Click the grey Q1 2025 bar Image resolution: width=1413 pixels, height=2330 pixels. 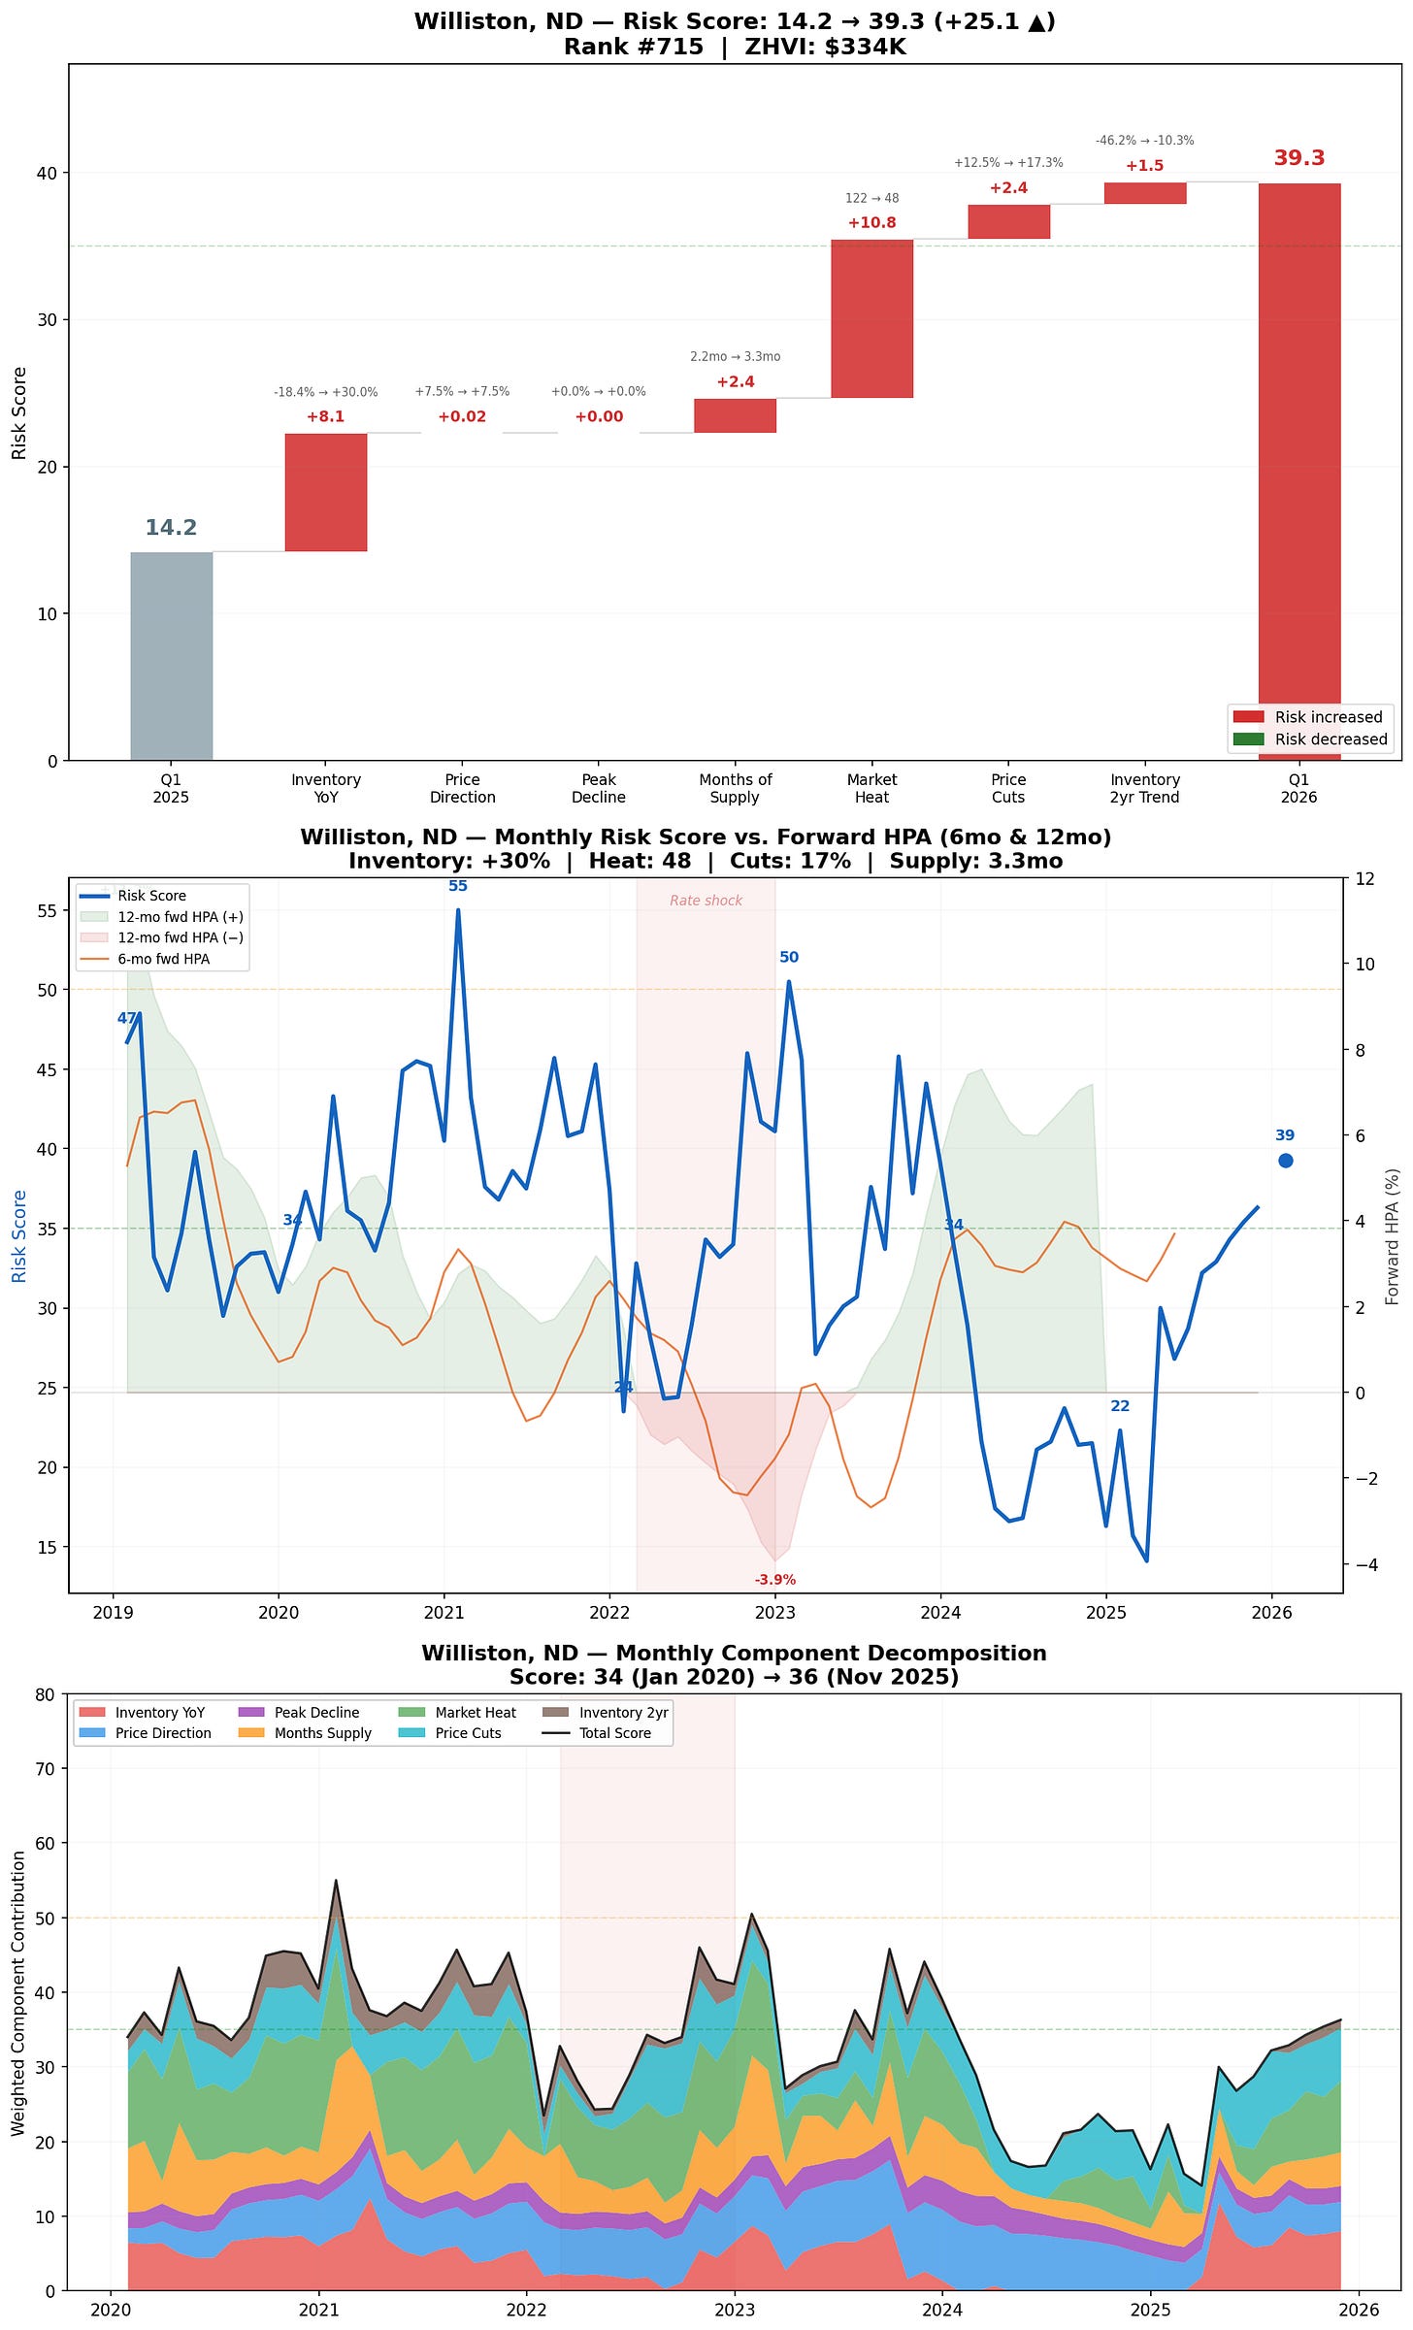coord(171,656)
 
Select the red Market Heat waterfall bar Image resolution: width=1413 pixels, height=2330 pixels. coord(871,318)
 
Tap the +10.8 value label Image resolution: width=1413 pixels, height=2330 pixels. coord(871,222)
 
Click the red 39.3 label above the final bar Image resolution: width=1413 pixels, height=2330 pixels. coord(1298,158)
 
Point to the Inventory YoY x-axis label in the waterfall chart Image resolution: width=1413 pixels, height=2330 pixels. coord(326,788)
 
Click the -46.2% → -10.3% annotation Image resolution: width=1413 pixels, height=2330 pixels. coord(1144,141)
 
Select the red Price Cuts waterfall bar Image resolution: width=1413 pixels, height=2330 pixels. coord(1008,221)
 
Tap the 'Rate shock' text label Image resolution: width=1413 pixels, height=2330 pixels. coord(706,901)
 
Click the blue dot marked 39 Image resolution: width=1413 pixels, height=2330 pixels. coord(1285,1161)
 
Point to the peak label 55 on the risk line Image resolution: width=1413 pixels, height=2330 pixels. coord(458,886)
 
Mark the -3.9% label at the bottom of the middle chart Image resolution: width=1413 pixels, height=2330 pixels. coord(774,1580)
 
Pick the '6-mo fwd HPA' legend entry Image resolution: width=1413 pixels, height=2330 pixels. coord(163,959)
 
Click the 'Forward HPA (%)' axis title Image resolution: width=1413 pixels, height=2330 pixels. coord(1393,1236)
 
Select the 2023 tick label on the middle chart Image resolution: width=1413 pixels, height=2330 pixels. coord(774,1613)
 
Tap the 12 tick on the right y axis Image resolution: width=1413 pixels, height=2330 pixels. coord(1364,879)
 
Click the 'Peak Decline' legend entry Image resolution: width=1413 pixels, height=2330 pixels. coord(316,1713)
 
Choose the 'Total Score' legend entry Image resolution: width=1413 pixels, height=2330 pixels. coord(614,1733)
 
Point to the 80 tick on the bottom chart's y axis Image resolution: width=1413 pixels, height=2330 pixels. coord(45,1695)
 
